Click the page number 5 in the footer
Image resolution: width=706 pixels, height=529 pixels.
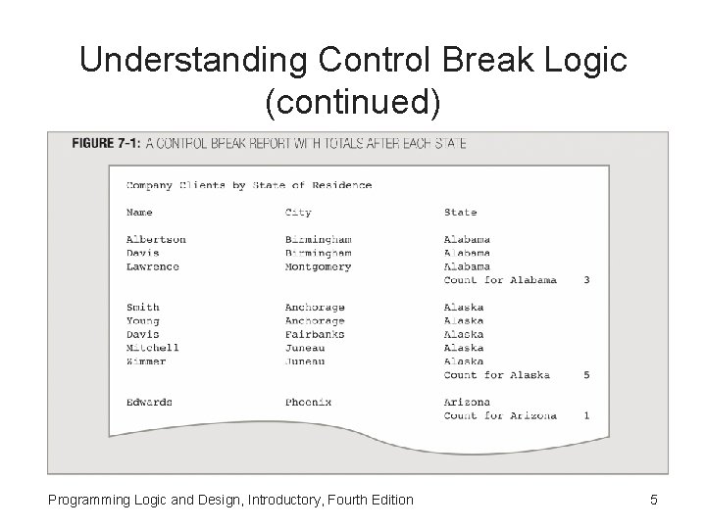(654, 501)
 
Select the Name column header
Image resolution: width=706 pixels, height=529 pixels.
(139, 212)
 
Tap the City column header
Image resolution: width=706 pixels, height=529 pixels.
(298, 212)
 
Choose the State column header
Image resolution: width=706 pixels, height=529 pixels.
(460, 212)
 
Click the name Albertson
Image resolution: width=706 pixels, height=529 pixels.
(156, 239)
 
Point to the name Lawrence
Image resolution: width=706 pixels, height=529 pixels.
(153, 266)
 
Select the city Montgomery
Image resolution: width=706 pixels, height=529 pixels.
(318, 266)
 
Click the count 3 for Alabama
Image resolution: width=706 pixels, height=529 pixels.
(586, 280)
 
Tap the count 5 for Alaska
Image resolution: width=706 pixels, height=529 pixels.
(586, 374)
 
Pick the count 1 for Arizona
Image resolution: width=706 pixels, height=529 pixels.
(586, 415)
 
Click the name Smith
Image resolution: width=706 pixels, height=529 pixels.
(142, 307)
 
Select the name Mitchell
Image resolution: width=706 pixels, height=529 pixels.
(153, 348)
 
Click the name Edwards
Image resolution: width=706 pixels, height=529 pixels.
(149, 402)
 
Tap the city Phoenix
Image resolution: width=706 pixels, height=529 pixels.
(308, 402)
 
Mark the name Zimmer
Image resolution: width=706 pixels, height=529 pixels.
(146, 361)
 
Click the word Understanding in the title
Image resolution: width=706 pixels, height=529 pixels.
(180, 61)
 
